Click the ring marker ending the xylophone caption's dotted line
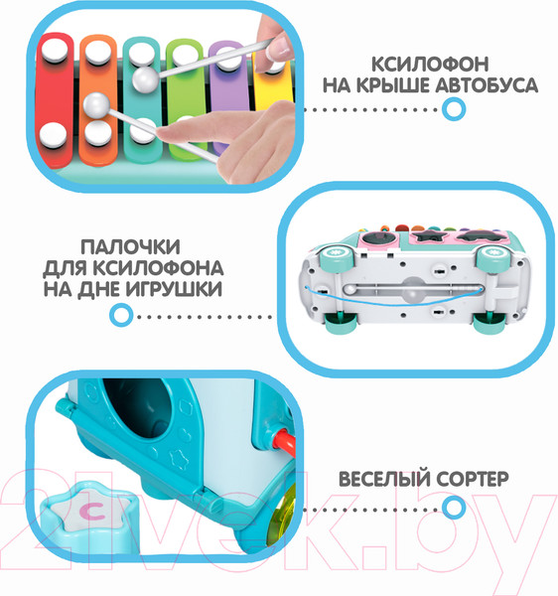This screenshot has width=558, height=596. pos(453,110)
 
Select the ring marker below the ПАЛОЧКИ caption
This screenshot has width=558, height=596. pos(121,316)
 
